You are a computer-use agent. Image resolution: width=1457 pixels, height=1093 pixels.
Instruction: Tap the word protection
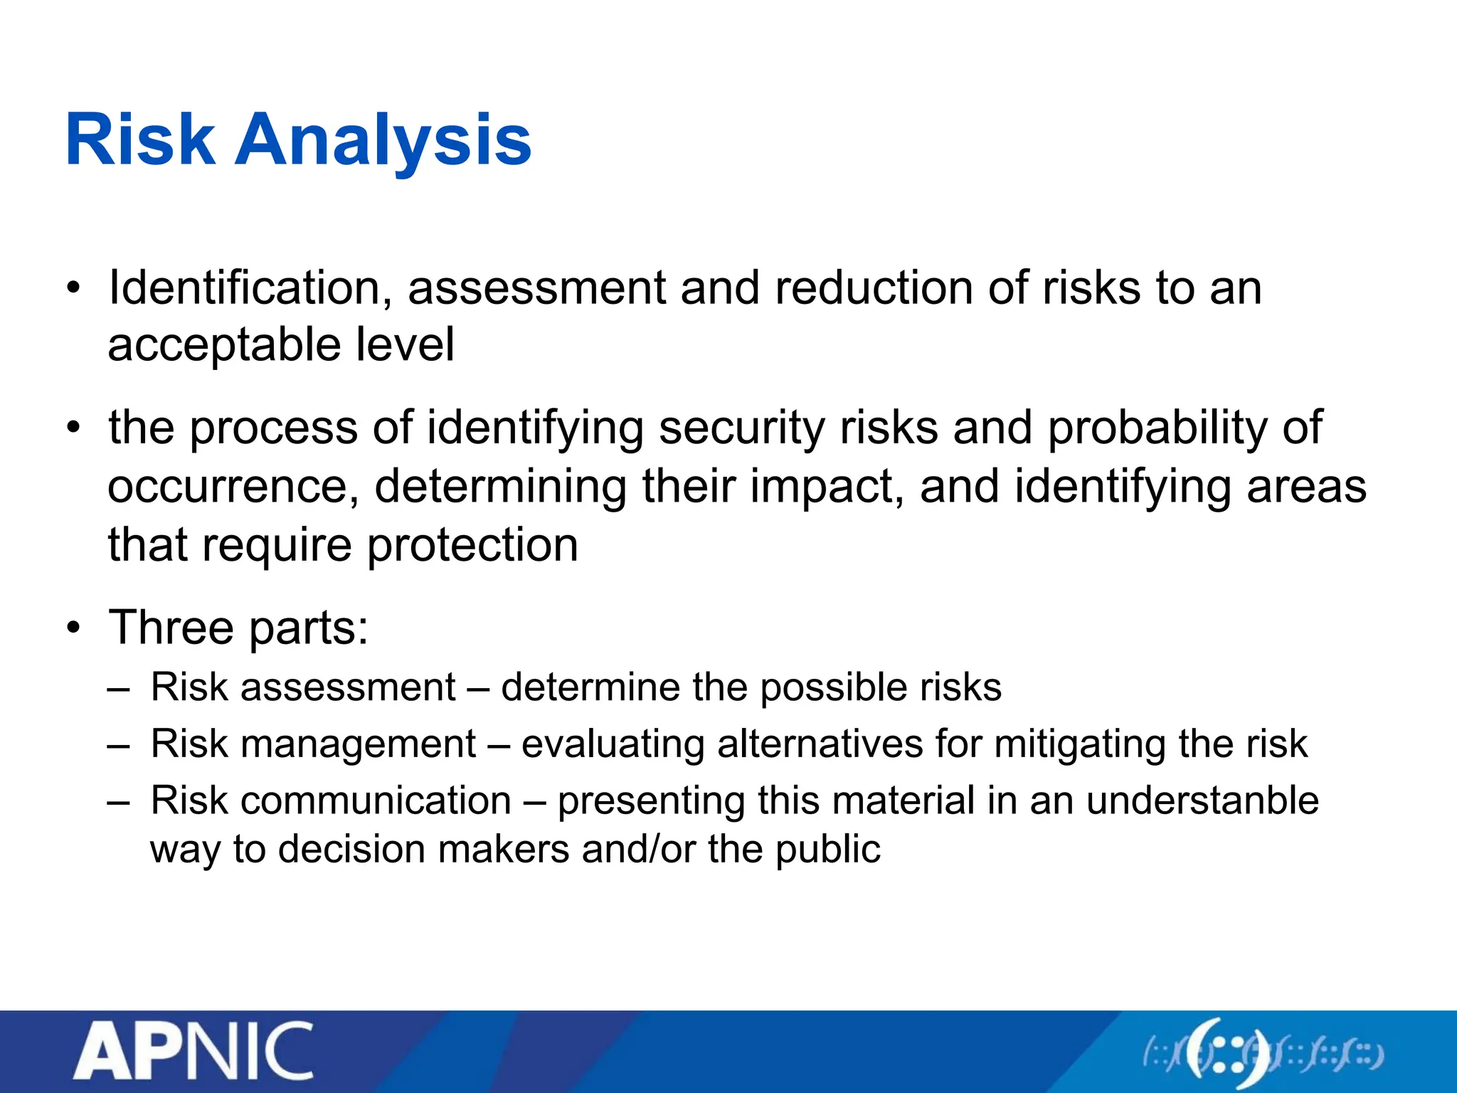click(472, 546)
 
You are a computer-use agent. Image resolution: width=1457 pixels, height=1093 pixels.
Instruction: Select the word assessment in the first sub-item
click(348, 687)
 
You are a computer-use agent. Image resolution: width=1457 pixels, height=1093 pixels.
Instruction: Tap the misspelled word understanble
click(1202, 801)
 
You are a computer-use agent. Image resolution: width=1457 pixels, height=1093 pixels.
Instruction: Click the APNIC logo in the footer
click(193, 1052)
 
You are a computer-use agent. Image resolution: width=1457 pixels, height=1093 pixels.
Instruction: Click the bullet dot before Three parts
click(74, 629)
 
